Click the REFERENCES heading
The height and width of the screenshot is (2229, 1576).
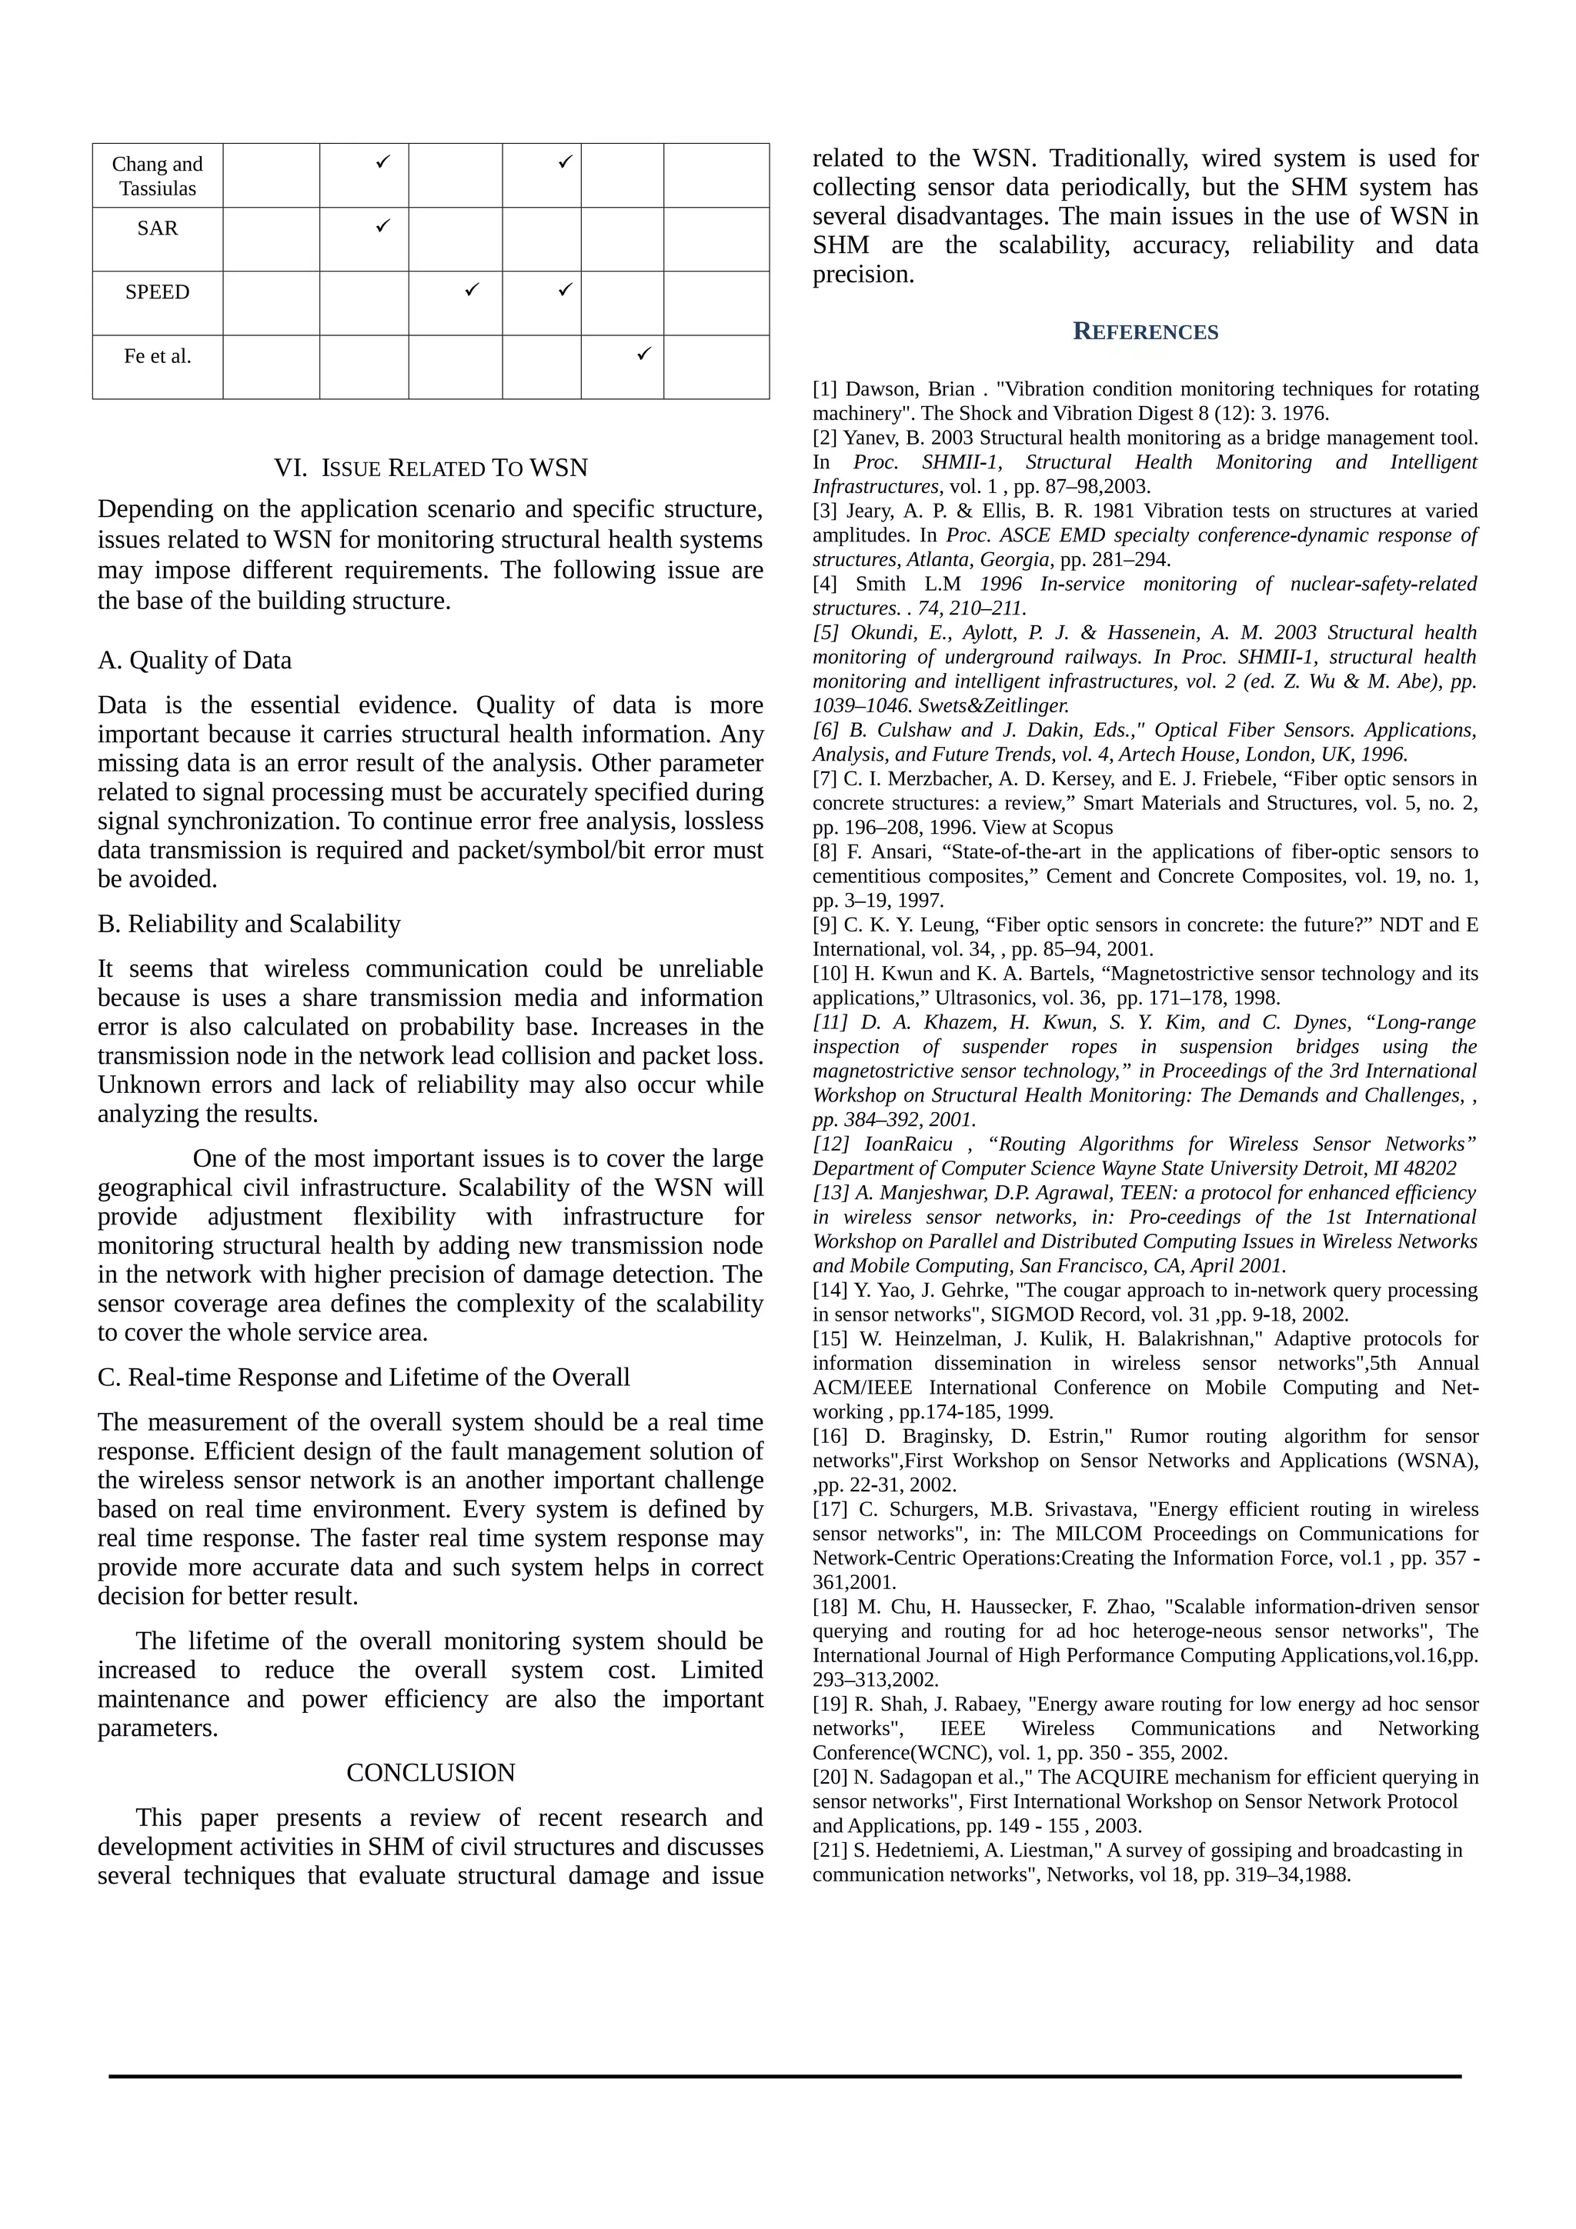pyautogui.click(x=1145, y=332)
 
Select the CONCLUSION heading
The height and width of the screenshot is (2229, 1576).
pyautogui.click(x=430, y=1772)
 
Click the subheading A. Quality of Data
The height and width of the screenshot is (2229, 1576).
pyautogui.click(x=194, y=660)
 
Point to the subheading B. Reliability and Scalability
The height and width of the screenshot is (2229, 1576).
pyautogui.click(x=249, y=923)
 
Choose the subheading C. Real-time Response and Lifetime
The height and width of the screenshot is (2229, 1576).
pyautogui.click(x=363, y=1377)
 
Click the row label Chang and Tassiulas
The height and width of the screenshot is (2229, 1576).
pyautogui.click(x=157, y=175)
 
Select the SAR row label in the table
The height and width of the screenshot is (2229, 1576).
pyautogui.click(x=157, y=228)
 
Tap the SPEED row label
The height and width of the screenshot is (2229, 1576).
pyautogui.click(x=157, y=292)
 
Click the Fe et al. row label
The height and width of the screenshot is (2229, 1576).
pyautogui.click(x=157, y=356)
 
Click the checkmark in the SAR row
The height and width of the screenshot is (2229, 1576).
pyautogui.click(x=382, y=225)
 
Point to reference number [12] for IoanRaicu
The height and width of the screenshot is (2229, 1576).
pyautogui.click(x=830, y=1144)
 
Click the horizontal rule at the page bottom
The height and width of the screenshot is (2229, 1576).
pyautogui.click(x=785, y=2077)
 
